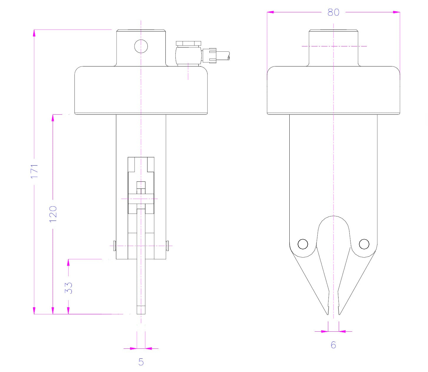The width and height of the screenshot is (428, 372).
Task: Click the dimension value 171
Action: tap(35, 171)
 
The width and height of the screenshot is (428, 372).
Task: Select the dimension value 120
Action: tap(53, 213)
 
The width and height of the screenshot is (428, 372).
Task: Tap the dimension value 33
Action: tap(69, 288)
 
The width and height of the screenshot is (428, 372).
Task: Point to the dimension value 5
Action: tap(141, 362)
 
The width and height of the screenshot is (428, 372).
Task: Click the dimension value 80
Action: tap(333, 12)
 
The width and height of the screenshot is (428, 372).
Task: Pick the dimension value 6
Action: tap(333, 345)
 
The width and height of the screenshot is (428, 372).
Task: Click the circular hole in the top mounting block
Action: tap(141, 46)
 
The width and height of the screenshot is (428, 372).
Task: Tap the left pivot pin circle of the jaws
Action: tap(303, 244)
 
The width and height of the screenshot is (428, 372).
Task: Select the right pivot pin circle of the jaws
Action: tap(364, 244)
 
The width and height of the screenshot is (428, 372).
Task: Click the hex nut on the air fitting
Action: tap(188, 44)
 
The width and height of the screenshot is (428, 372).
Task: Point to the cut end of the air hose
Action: tap(229, 56)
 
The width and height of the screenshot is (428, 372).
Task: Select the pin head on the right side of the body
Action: tap(167, 246)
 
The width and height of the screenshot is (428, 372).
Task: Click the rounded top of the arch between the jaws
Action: tap(334, 217)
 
